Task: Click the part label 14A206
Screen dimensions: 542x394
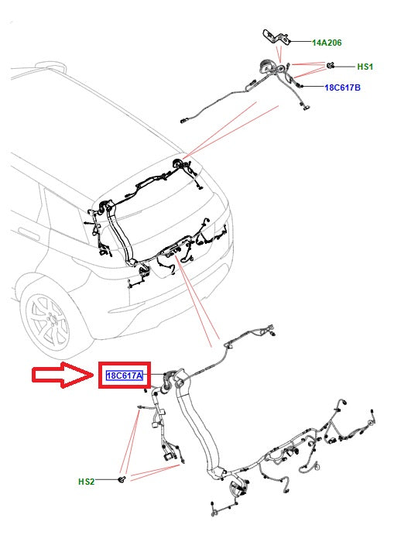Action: (327, 44)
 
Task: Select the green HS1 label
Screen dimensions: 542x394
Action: (365, 67)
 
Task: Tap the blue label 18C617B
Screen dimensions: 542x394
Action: (342, 87)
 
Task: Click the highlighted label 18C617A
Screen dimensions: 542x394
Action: (125, 376)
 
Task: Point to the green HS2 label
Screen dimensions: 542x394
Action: (87, 482)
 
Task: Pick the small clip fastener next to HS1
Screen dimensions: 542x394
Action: (330, 65)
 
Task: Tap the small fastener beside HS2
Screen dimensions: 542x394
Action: (121, 481)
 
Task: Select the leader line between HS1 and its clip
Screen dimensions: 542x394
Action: (345, 66)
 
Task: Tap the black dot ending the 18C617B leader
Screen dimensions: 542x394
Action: (300, 85)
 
